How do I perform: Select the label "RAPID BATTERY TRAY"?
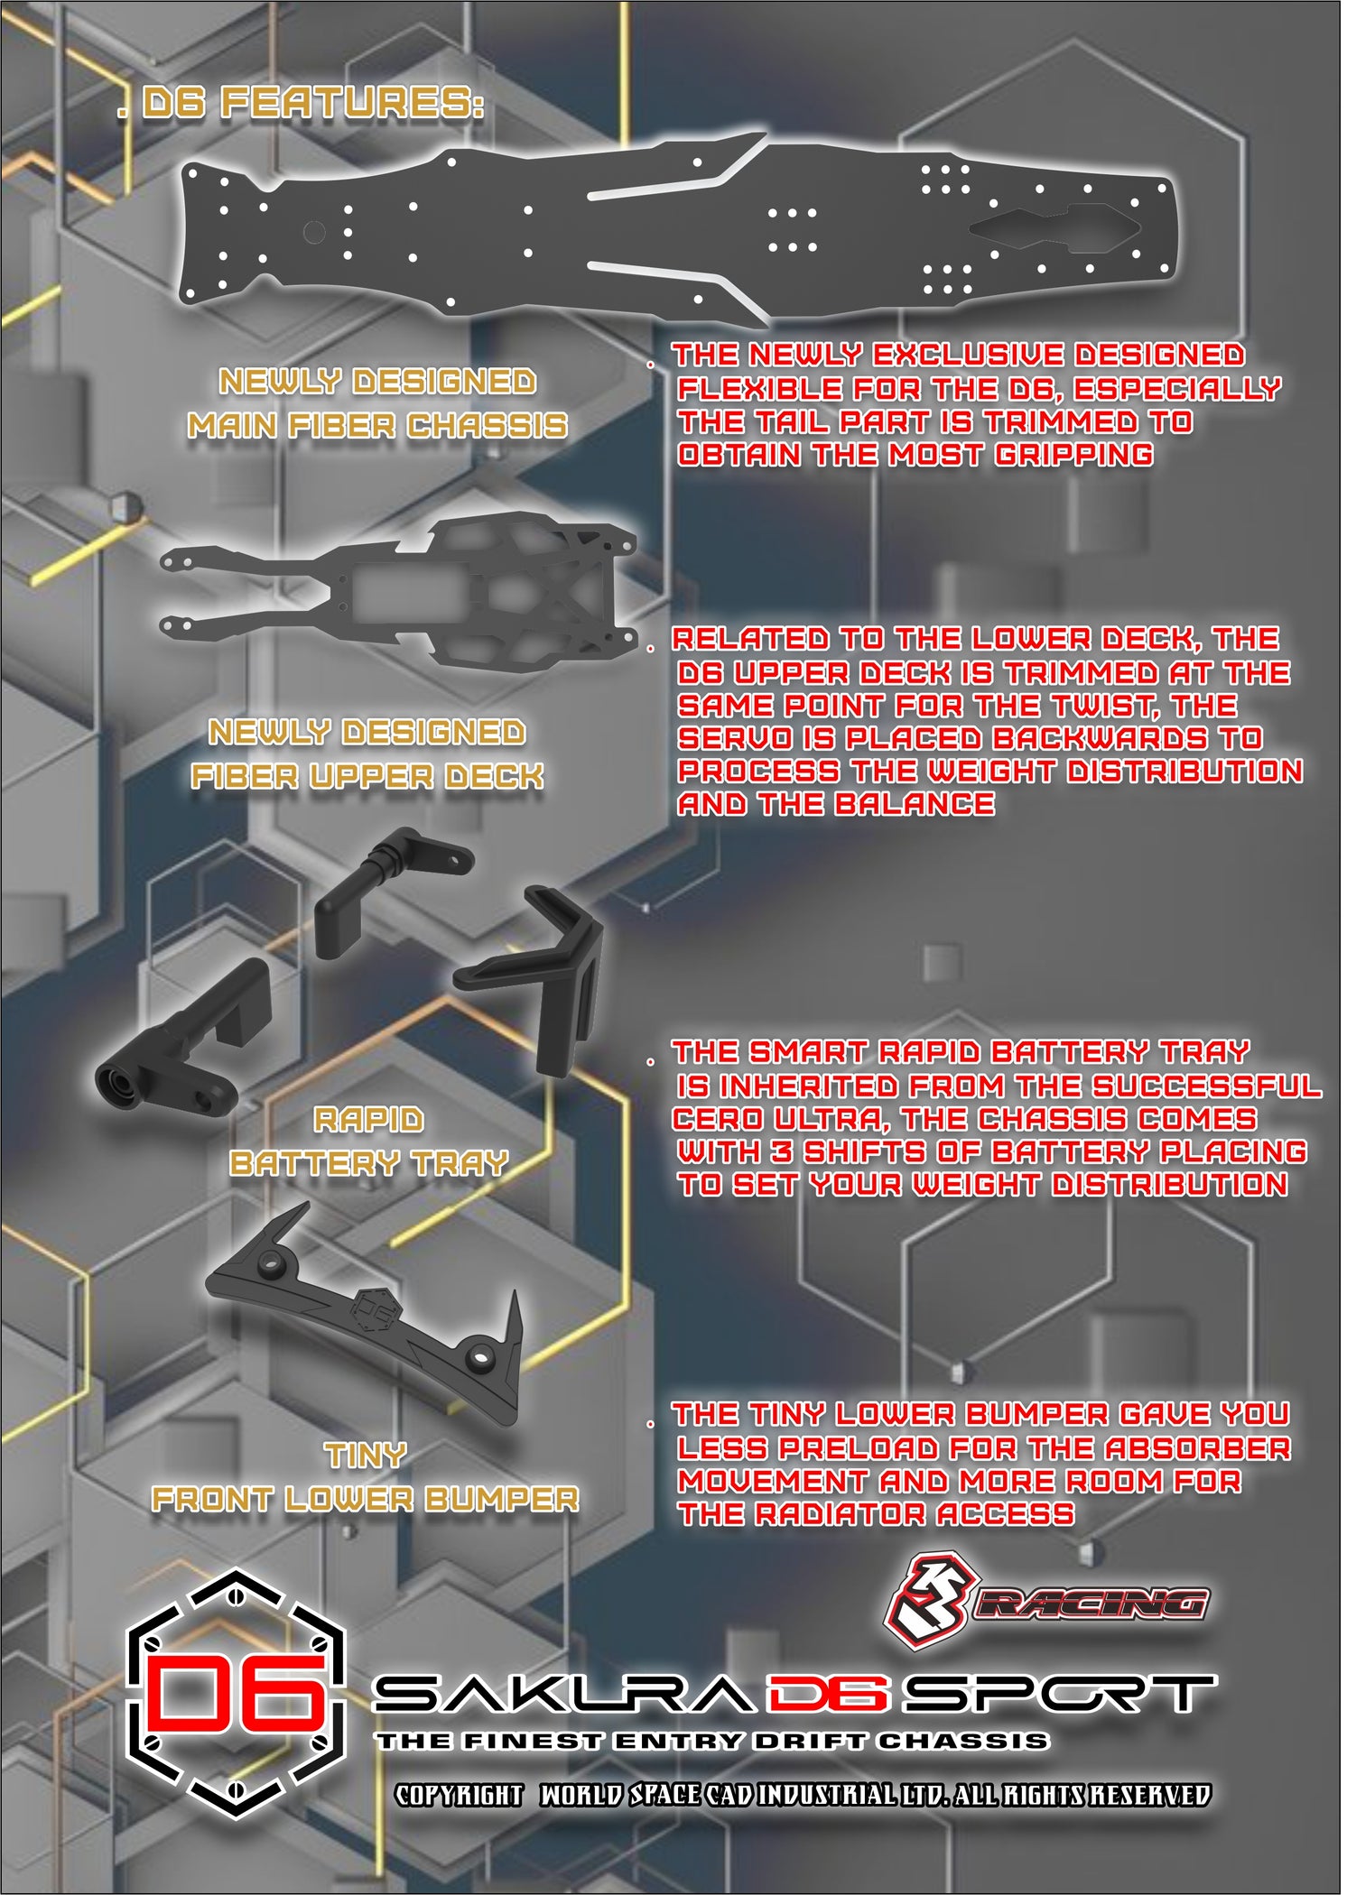pos(368,1142)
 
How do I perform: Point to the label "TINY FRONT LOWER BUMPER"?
pos(366,1476)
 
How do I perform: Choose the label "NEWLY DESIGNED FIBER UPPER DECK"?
pos(367,753)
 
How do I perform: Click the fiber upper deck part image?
pos(398,588)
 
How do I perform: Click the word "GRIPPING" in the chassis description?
pos(1073,454)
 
